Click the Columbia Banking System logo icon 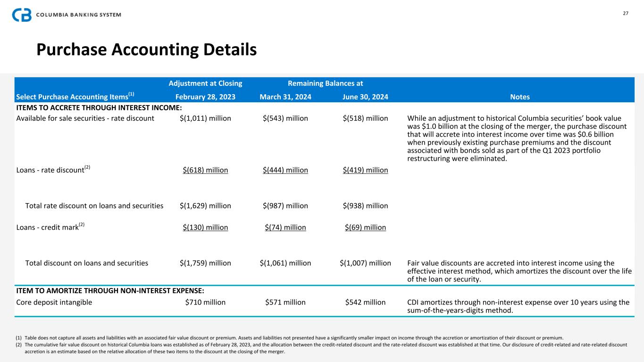(22, 15)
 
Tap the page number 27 (626, 13)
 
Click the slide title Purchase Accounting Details (147, 49)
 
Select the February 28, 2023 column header (205, 97)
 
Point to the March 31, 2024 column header (285, 97)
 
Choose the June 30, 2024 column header (365, 97)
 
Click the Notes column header (519, 97)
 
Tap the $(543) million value (285, 118)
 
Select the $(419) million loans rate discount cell (365, 170)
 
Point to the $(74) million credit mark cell (285, 228)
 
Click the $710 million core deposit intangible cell (205, 302)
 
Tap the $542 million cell (365, 302)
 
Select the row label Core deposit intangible (54, 302)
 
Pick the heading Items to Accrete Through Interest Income (99, 108)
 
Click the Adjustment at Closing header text (205, 83)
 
